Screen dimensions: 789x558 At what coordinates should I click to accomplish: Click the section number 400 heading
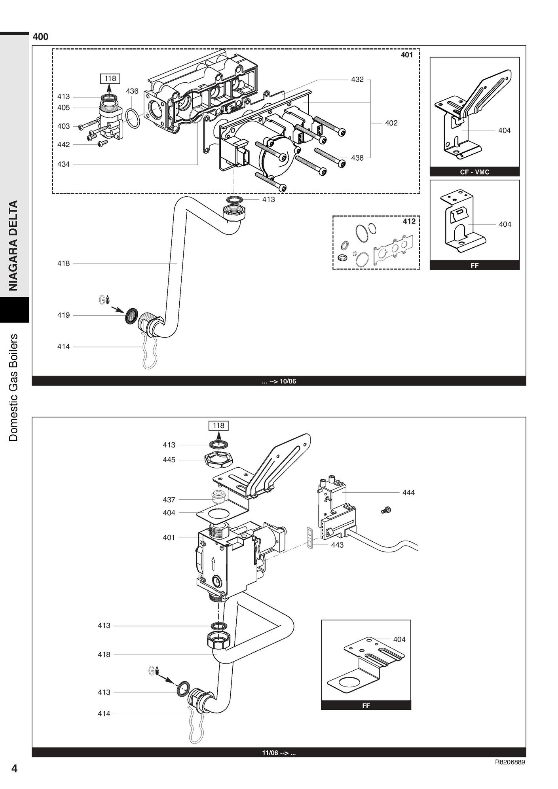click(x=40, y=37)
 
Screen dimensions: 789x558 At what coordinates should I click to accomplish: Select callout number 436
click(x=132, y=91)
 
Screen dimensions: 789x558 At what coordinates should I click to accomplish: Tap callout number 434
click(x=63, y=164)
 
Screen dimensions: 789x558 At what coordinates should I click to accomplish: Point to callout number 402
click(x=391, y=123)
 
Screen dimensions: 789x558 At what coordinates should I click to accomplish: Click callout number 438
click(x=357, y=158)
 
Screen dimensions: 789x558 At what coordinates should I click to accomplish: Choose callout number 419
click(x=63, y=315)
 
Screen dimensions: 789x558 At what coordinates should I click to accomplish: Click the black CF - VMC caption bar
click(x=474, y=172)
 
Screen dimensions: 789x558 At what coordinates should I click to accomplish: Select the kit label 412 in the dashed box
click(x=409, y=221)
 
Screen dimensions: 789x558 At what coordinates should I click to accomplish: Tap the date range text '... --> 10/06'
click(x=279, y=381)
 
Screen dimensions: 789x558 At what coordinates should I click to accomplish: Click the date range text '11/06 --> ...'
click(x=279, y=753)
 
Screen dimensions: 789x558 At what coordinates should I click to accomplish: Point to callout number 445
click(x=169, y=460)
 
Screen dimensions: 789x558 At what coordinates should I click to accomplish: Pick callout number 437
click(x=169, y=500)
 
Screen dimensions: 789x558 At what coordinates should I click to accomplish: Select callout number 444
click(x=408, y=493)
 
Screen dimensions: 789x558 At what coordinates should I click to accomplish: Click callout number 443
click(x=337, y=545)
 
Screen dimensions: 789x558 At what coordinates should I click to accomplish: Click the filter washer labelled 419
click(x=131, y=315)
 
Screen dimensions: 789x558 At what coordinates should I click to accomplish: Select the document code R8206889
click(x=510, y=762)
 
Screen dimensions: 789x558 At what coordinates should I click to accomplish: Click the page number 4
click(x=14, y=768)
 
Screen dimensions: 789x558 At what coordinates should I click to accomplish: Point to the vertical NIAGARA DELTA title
click(x=14, y=245)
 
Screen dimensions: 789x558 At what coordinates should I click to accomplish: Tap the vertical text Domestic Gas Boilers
click(x=14, y=388)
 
